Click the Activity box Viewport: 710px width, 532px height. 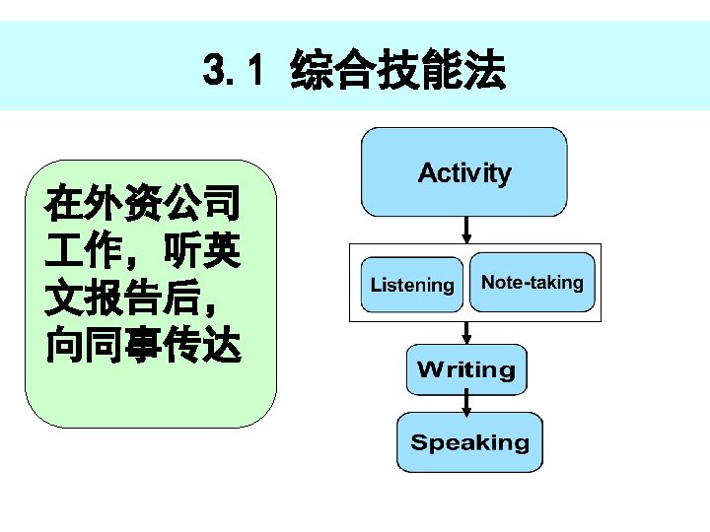(464, 172)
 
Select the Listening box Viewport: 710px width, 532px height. (411, 285)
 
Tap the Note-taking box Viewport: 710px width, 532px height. (532, 283)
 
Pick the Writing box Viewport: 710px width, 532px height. (466, 369)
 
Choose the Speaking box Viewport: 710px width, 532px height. (469, 442)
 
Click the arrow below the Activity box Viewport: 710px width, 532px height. (466, 232)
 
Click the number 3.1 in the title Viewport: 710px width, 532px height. (234, 71)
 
